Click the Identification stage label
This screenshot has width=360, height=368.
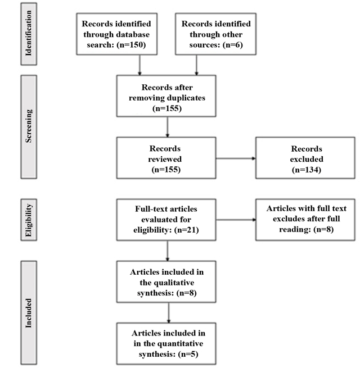[x=29, y=33]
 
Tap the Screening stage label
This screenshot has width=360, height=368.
[x=29, y=126]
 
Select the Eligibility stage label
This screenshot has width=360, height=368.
[x=29, y=220]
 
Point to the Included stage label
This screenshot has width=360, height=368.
[x=29, y=313]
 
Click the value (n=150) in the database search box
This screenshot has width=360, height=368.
[x=131, y=44]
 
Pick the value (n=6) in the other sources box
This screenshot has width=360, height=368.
[x=233, y=44]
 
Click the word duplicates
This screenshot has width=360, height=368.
[x=186, y=98]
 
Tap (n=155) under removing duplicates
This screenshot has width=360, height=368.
[x=167, y=108]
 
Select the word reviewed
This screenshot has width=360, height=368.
[x=165, y=159]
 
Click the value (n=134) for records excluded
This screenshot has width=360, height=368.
[x=307, y=170]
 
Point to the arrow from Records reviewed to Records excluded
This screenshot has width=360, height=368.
[x=236, y=158]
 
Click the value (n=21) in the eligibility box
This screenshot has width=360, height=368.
[x=187, y=230]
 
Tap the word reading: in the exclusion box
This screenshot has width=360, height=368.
[x=295, y=229]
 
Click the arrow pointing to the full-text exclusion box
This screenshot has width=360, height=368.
[x=236, y=220]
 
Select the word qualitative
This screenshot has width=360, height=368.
[x=167, y=283]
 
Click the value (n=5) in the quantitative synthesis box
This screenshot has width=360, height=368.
[x=188, y=354]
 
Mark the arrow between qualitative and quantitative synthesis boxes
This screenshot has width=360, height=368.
[x=169, y=312]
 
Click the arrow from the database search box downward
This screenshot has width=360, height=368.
[x=139, y=65]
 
